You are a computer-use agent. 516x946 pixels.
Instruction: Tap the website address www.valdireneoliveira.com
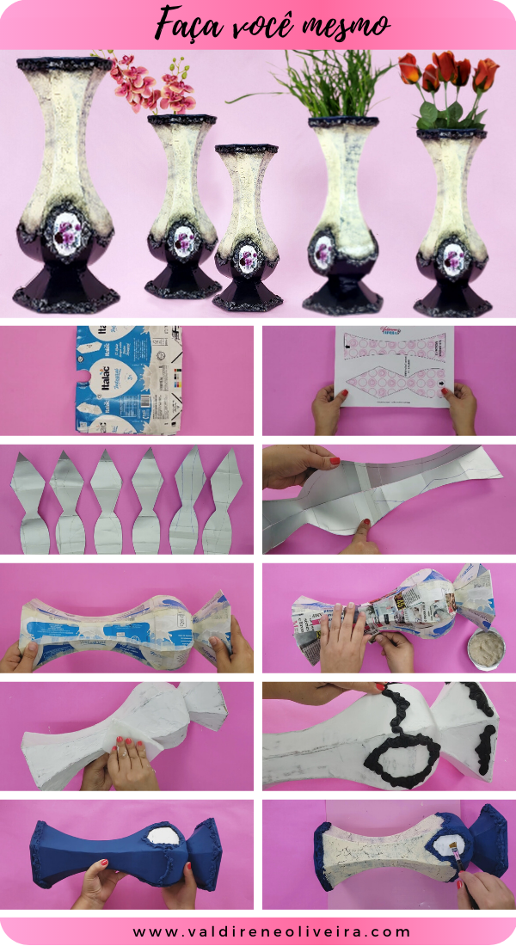[x=259, y=931]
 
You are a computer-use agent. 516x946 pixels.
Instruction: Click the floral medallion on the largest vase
[x=66, y=231]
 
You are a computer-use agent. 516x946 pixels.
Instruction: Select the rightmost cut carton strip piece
[x=224, y=503]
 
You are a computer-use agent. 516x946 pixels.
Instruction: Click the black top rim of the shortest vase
[x=246, y=150]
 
